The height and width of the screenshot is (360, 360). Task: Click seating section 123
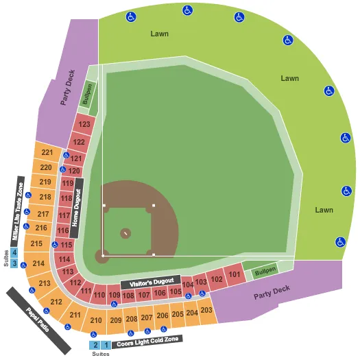[x=84, y=125]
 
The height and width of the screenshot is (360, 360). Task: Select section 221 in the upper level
[x=47, y=152]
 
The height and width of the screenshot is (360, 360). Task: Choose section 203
[x=206, y=311]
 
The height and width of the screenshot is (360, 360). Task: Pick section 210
[x=96, y=320]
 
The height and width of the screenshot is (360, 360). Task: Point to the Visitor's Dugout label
[x=149, y=282]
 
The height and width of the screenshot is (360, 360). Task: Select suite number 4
[x=14, y=252]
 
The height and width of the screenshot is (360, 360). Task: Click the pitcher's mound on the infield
[x=125, y=234]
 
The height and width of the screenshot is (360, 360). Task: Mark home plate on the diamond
[x=104, y=255]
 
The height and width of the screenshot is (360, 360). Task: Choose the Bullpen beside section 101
[x=264, y=271]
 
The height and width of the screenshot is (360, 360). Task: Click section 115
[x=67, y=245]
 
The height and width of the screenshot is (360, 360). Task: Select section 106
[x=159, y=293]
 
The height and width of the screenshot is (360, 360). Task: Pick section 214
[x=38, y=263]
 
